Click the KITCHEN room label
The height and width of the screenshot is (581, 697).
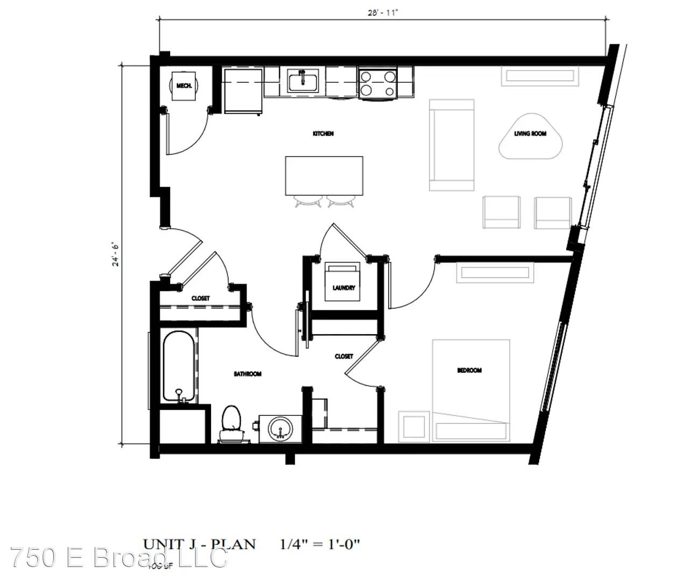click(323, 133)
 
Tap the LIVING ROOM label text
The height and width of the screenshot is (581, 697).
click(530, 133)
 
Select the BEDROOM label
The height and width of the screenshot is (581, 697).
click(469, 370)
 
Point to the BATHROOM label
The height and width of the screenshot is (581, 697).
click(248, 374)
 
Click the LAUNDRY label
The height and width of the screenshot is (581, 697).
click(343, 288)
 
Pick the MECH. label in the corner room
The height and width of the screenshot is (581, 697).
click(184, 86)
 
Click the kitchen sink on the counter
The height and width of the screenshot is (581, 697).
click(302, 81)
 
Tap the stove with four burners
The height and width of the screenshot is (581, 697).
click(378, 83)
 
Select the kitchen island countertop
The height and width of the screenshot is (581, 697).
click(324, 176)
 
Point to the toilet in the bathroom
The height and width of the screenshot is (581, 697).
click(232, 422)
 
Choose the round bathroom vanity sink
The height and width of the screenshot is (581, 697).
click(280, 429)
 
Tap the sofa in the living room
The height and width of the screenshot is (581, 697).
click(451, 145)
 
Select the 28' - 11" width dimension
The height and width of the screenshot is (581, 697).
click(382, 13)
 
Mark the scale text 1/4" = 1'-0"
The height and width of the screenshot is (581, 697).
click(320, 544)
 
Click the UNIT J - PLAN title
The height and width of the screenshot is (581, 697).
click(199, 544)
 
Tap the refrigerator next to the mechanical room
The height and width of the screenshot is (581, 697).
click(243, 90)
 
